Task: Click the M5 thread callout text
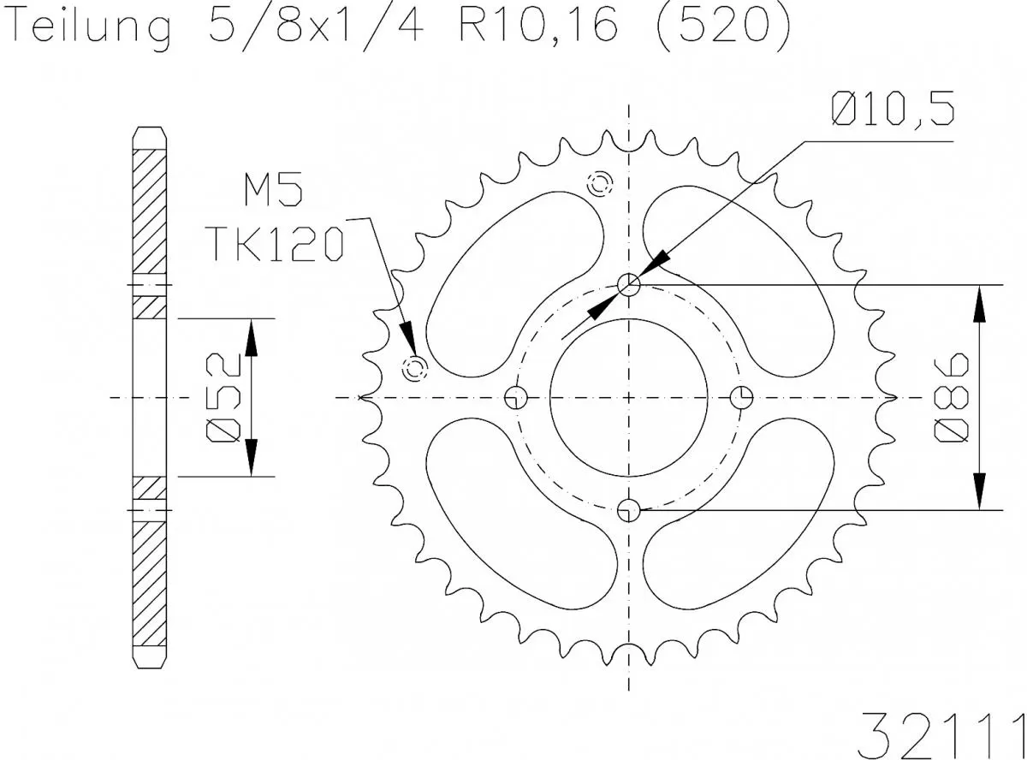point(272,192)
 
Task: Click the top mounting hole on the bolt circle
point(629,284)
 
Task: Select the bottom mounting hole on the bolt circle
point(629,510)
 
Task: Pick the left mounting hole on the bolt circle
point(515,397)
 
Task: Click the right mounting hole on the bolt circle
point(742,397)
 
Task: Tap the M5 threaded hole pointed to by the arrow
point(415,369)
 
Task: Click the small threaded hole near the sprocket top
point(597,182)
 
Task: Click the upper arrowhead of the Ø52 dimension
point(251,337)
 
